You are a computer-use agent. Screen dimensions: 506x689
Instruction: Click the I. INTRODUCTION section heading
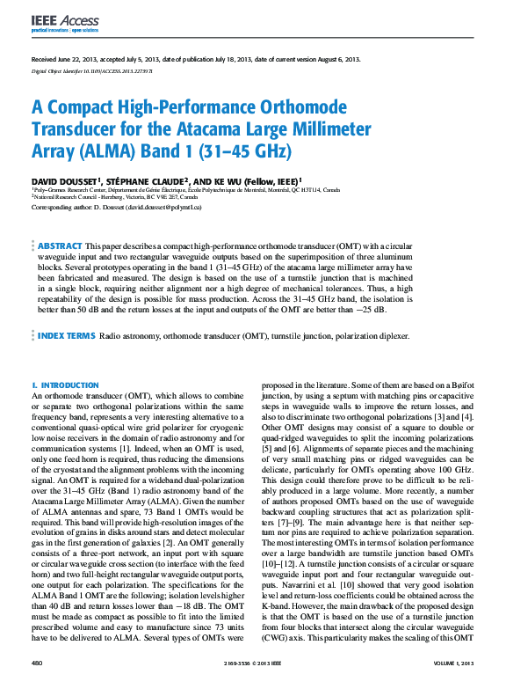click(65, 385)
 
